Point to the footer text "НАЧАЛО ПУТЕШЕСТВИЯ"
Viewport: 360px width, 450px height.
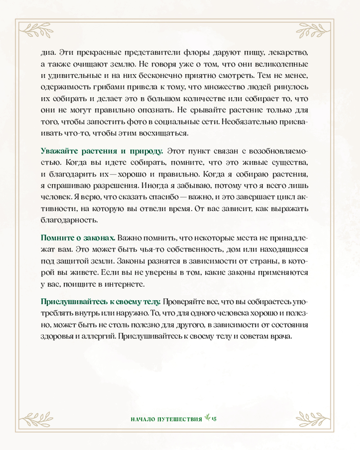[x=165, y=418]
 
